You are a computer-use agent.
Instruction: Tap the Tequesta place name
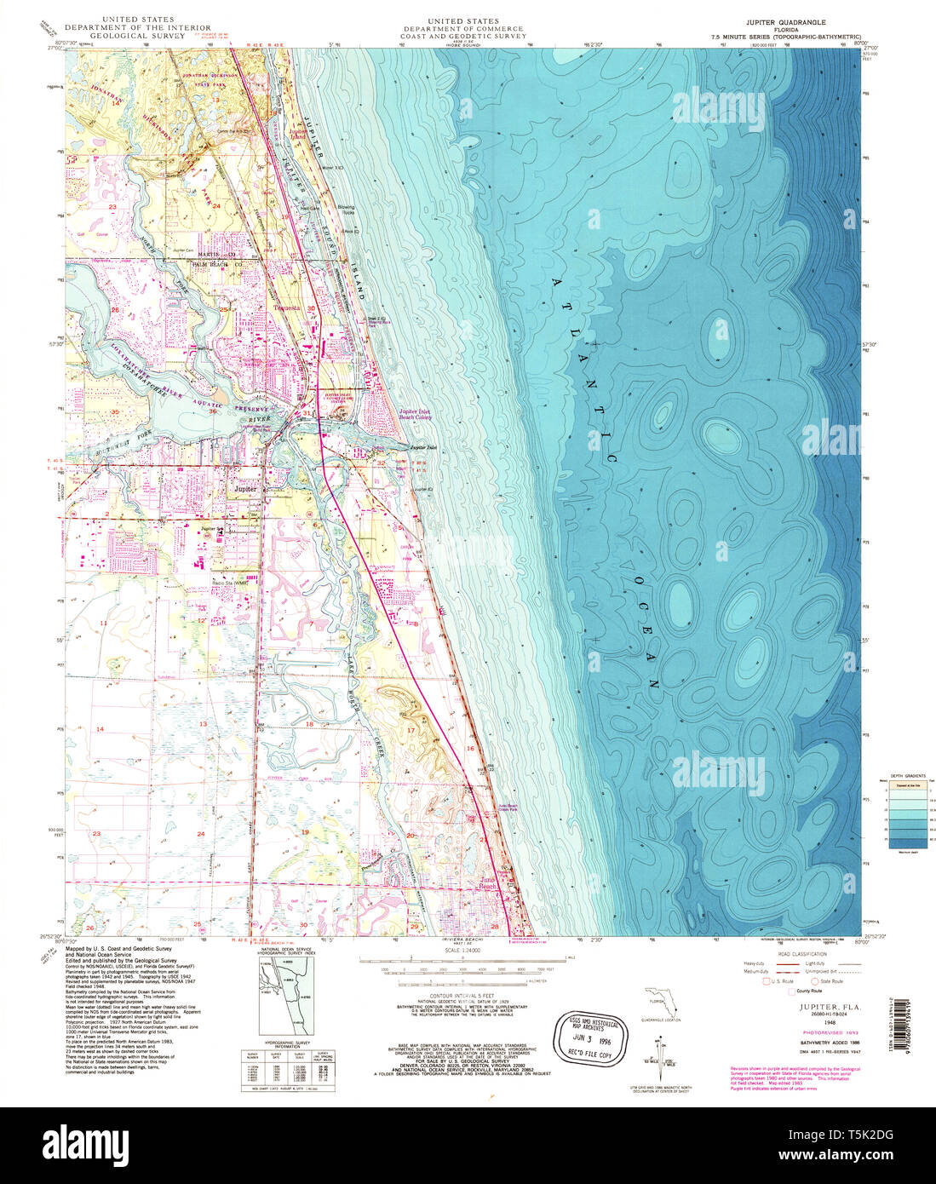(282, 308)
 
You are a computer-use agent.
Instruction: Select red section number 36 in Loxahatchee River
(213, 412)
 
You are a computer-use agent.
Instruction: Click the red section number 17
(411, 730)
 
